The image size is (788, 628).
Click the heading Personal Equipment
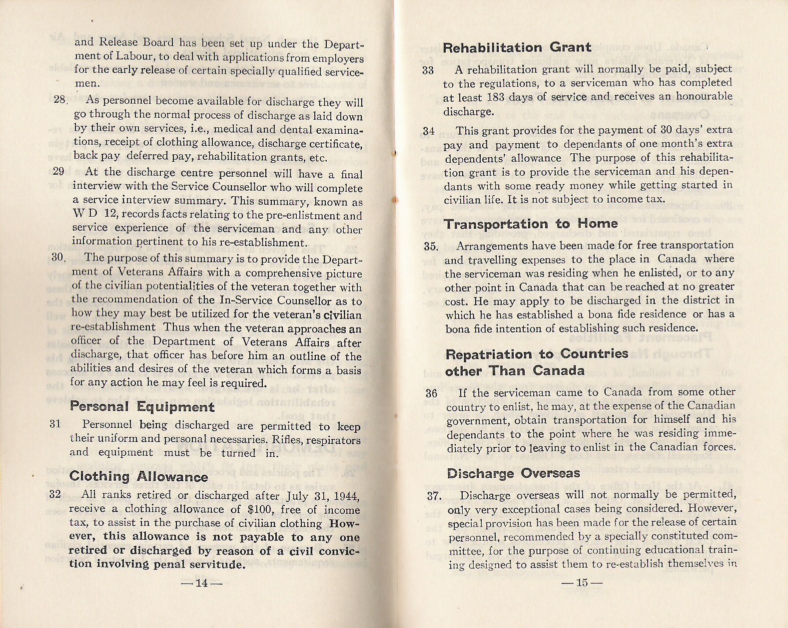(142, 407)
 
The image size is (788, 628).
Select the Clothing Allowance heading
(138, 477)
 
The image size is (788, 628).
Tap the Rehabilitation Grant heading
(517, 48)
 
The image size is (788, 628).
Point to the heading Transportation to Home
(531, 224)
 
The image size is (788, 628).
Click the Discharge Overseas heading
(514, 473)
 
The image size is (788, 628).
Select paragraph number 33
(428, 70)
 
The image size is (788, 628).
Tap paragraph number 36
(432, 393)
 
